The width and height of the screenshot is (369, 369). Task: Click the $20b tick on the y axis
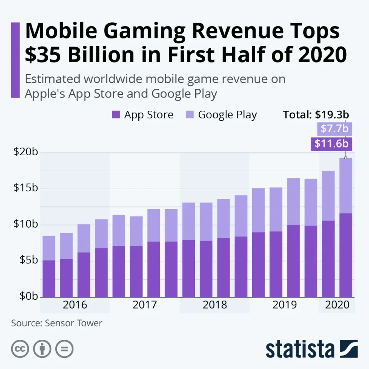tap(26, 152)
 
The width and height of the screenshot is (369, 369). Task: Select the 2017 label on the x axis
tap(145, 305)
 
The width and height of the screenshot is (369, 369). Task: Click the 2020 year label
tap(337, 305)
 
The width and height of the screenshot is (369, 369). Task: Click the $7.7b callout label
tap(334, 129)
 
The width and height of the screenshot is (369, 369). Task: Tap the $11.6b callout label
tap(331, 144)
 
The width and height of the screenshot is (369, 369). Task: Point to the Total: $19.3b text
tap(316, 115)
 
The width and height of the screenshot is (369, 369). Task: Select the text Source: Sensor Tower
tap(57, 323)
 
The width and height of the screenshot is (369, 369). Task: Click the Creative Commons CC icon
tap(20, 349)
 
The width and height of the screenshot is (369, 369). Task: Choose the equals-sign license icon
tap(65, 349)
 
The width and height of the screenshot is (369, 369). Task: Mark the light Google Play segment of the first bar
tap(49, 248)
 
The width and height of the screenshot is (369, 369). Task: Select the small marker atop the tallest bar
tap(346, 158)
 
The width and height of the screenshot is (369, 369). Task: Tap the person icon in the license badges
tap(42, 349)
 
